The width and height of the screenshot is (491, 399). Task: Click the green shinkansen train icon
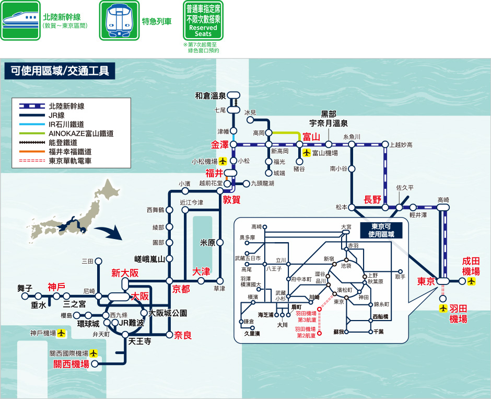click(x=20, y=20)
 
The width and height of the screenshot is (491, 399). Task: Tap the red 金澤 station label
click(x=220, y=144)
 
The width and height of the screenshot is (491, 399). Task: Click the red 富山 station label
click(x=311, y=137)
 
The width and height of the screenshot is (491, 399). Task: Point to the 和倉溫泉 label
click(x=210, y=96)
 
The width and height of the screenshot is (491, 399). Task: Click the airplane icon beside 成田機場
click(x=472, y=281)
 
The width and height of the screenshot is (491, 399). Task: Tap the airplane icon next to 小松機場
click(x=223, y=161)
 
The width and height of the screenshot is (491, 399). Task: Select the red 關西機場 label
click(x=72, y=364)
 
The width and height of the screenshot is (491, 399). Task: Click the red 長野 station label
click(x=372, y=199)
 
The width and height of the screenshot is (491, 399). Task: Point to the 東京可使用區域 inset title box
click(x=383, y=230)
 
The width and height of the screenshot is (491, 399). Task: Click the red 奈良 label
click(x=183, y=335)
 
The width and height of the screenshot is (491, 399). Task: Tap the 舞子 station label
click(x=25, y=288)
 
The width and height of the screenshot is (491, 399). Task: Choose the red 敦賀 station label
click(x=231, y=199)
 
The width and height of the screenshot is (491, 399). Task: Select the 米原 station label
click(x=208, y=243)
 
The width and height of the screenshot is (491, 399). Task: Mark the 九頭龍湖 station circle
click(x=247, y=184)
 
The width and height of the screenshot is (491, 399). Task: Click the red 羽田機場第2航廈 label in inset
click(x=305, y=332)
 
